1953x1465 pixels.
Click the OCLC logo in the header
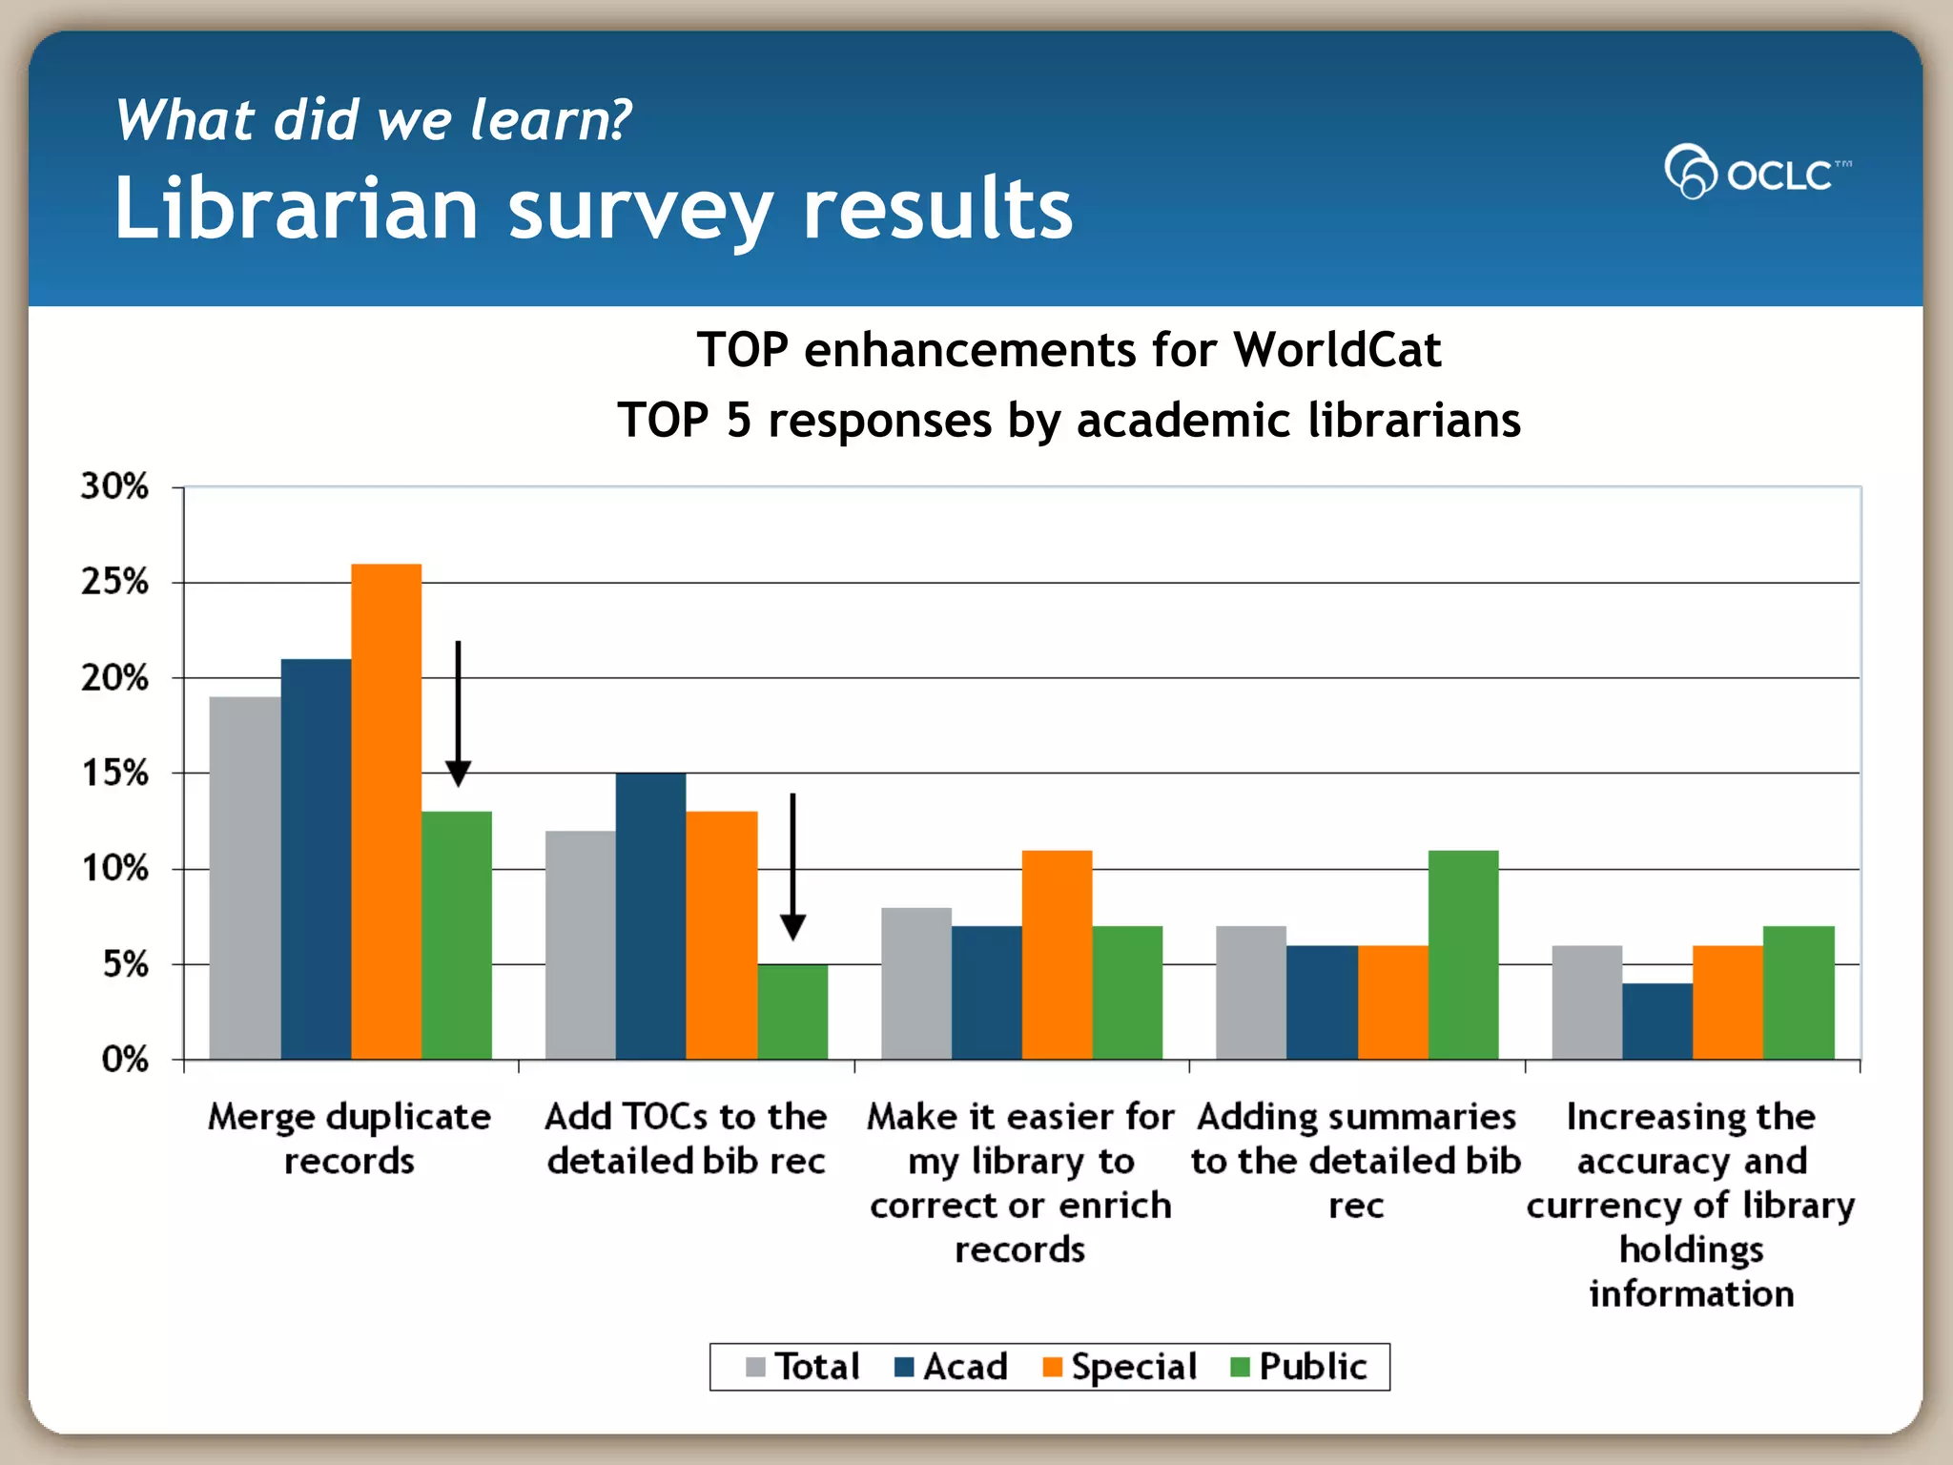click(x=1757, y=173)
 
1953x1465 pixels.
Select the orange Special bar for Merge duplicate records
click(x=386, y=811)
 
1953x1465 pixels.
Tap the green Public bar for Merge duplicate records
click(x=457, y=935)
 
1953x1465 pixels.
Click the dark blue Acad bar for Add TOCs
click(x=650, y=916)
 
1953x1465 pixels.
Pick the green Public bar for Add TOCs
click(x=792, y=1011)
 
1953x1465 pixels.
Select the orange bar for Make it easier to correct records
click(x=1057, y=954)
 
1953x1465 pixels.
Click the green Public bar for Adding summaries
click(x=1463, y=954)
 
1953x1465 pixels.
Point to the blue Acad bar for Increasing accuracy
click(x=1657, y=1021)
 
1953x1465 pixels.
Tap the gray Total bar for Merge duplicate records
click(x=245, y=877)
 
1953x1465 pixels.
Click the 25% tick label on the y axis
click(x=115, y=581)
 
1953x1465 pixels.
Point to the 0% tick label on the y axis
click(x=125, y=1059)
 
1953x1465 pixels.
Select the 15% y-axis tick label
click(x=115, y=773)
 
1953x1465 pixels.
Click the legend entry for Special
click(x=1120, y=1367)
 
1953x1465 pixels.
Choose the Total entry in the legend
click(x=803, y=1367)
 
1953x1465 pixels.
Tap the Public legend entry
click(x=1299, y=1367)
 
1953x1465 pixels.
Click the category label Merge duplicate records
click(x=349, y=1138)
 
